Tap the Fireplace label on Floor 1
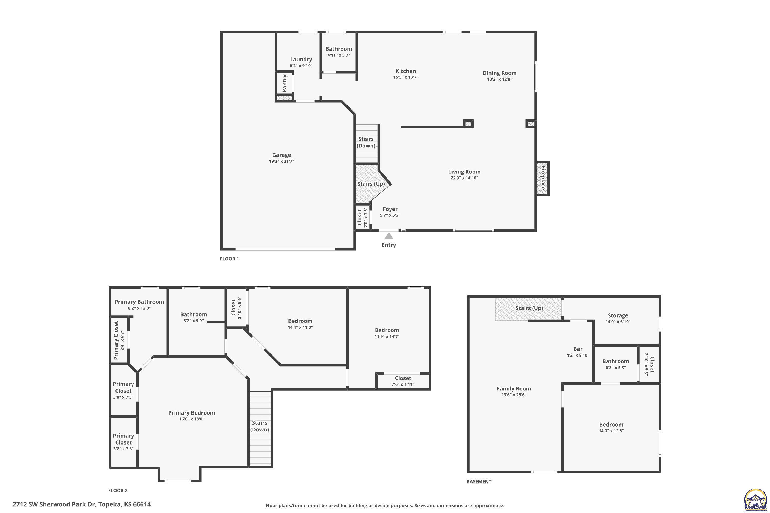[543, 178]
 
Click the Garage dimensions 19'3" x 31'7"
[282, 161]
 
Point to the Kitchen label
[406, 71]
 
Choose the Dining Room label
[499, 73]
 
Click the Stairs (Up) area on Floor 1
[371, 184]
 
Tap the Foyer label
[390, 209]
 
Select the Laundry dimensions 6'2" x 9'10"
[301, 66]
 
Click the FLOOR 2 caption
[118, 490]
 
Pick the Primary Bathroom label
[139, 302]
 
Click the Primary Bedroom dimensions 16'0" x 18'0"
[191, 419]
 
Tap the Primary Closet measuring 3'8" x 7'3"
[123, 442]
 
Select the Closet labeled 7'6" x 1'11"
[403, 381]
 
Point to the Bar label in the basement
[578, 349]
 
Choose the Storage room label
[618, 316]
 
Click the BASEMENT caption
[479, 482]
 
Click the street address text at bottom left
[82, 504]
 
